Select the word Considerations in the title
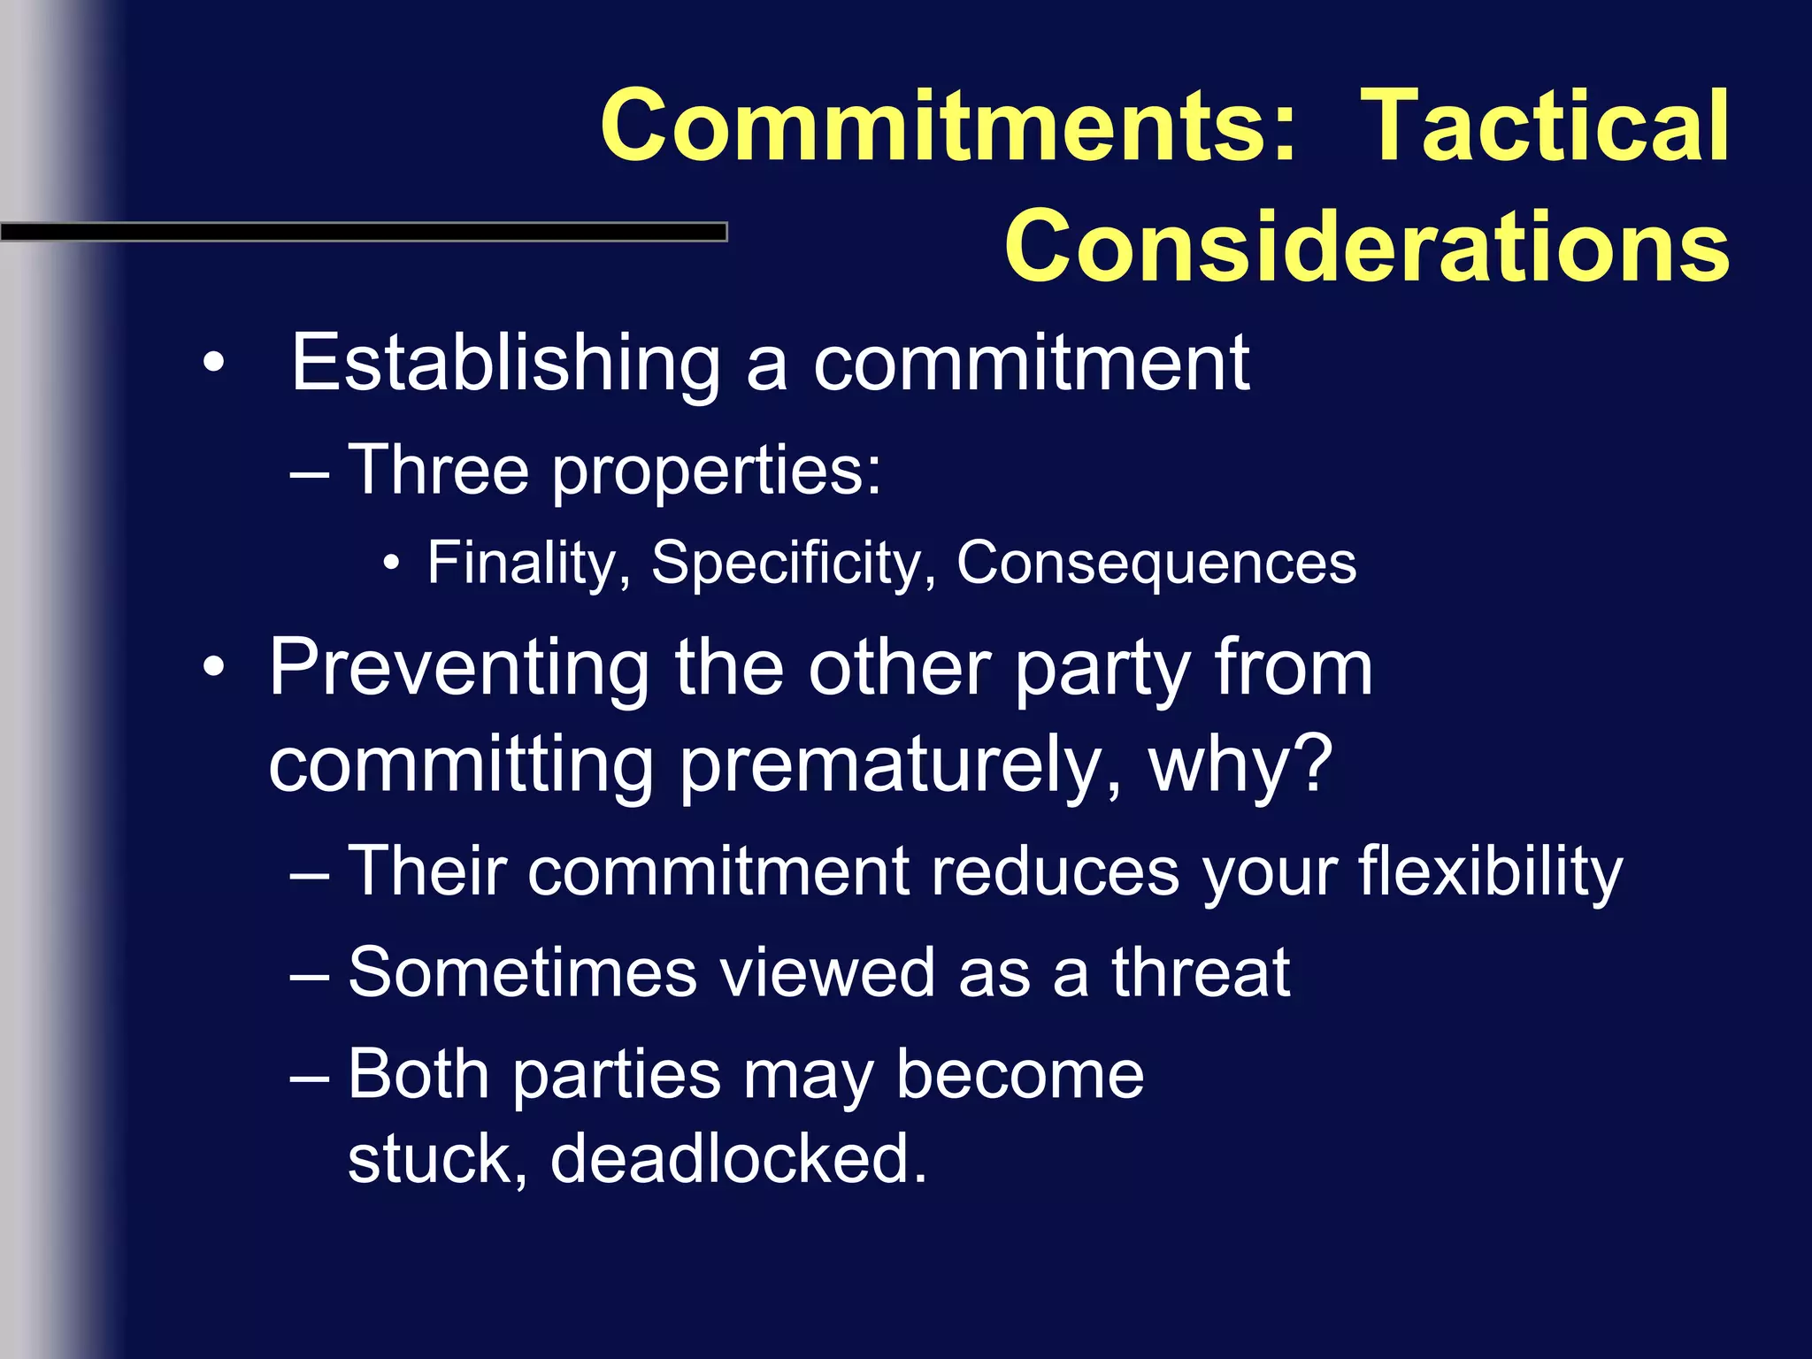[x=1367, y=246]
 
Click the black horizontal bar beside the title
[x=363, y=232]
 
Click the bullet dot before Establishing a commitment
[x=213, y=363]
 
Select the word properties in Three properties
[x=717, y=472]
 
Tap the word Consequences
[x=1156, y=563]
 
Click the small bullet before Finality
[x=392, y=563]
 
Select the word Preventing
[x=459, y=668]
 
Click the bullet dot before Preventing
[x=213, y=668]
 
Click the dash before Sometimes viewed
[x=310, y=974]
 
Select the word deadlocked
[x=739, y=1158]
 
